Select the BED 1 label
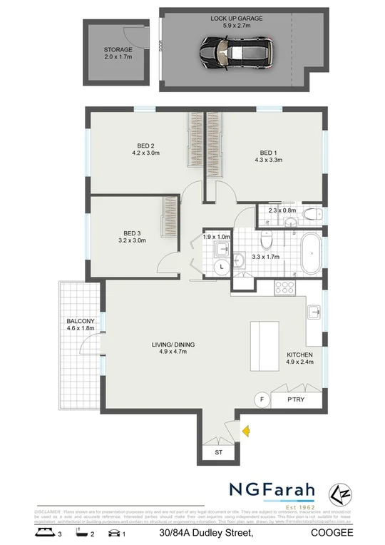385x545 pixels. click(x=268, y=153)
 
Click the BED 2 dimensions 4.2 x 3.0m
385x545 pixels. click(x=145, y=153)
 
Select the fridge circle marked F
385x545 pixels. click(x=262, y=399)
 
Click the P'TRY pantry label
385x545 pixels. click(x=295, y=399)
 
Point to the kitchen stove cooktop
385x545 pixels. click(x=285, y=287)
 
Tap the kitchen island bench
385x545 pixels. click(x=265, y=345)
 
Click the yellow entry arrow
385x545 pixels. click(x=245, y=431)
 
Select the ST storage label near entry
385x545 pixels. click(x=218, y=452)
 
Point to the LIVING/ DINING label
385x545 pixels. click(x=173, y=345)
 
